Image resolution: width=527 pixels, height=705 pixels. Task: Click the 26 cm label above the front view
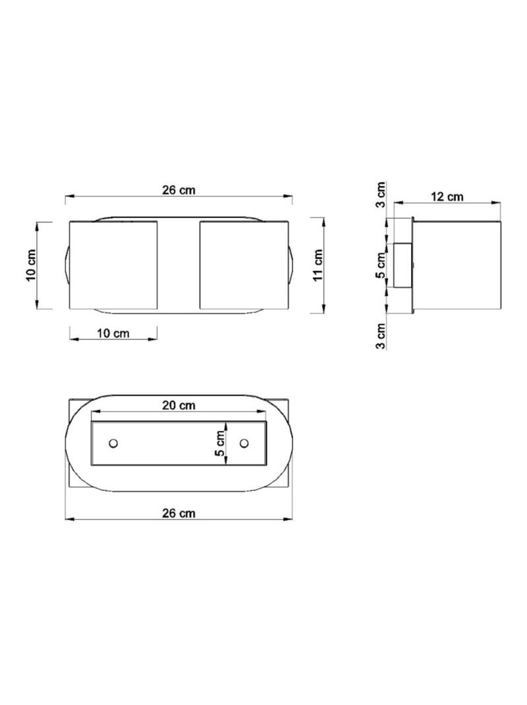pyautogui.click(x=179, y=190)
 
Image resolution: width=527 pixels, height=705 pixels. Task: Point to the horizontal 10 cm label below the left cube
pyautogui.click(x=113, y=333)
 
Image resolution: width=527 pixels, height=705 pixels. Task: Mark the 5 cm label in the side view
pyautogui.click(x=381, y=265)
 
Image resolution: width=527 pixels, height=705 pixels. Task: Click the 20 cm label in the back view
pyautogui.click(x=179, y=405)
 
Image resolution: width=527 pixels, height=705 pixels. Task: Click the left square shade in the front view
pyautogui.click(x=113, y=265)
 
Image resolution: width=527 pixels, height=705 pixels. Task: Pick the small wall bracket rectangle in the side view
pyautogui.click(x=402, y=265)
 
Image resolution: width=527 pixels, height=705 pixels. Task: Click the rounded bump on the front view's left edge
pyautogui.click(x=67, y=265)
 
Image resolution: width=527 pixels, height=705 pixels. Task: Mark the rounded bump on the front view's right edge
pyautogui.click(x=291, y=265)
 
